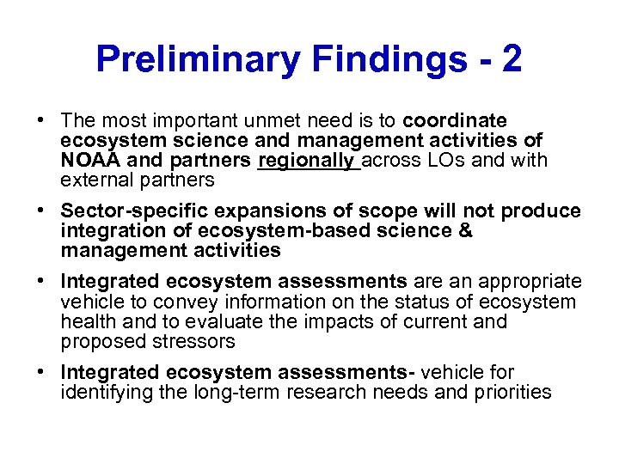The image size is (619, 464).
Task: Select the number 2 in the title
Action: pos(512,60)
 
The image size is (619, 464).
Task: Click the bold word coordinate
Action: pos(455,121)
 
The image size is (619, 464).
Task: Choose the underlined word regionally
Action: pos(308,161)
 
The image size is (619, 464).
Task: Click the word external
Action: pos(94,180)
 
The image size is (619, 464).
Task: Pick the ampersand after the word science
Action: pos(464,231)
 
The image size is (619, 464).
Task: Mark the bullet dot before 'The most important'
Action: pos(42,121)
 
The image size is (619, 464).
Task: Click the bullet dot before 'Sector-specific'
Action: pos(42,211)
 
